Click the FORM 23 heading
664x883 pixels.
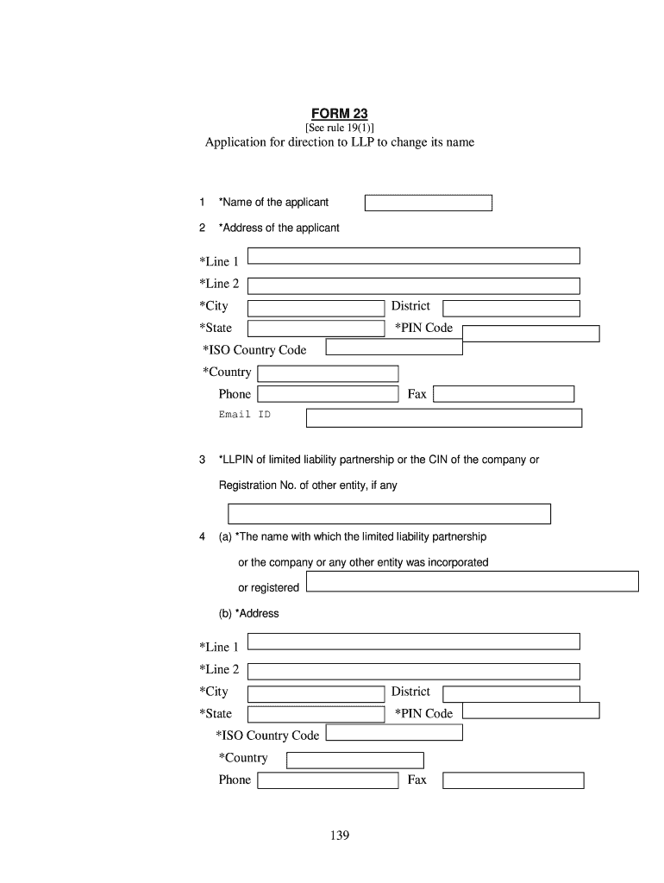click(339, 115)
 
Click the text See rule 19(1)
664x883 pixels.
click(339, 128)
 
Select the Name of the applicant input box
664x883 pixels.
click(428, 204)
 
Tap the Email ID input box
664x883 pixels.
click(444, 418)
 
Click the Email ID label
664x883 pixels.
click(244, 415)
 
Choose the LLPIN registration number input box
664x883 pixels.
click(389, 514)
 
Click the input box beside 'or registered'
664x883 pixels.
click(472, 581)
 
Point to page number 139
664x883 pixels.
click(339, 836)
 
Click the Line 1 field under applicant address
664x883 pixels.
click(413, 255)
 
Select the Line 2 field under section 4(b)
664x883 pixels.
click(413, 671)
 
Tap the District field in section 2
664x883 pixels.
click(511, 309)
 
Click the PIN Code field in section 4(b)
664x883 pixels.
click(530, 711)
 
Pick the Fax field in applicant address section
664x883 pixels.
click(504, 394)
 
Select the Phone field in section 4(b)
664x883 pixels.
click(328, 780)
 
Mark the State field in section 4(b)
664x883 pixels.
click(316, 714)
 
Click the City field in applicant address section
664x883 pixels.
click(316, 309)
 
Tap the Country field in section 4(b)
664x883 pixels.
click(354, 761)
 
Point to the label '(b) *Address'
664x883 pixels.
click(248, 614)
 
